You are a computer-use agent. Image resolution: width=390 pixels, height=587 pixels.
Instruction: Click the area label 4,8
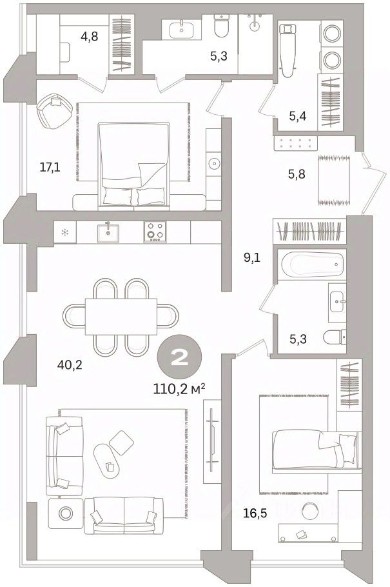90,37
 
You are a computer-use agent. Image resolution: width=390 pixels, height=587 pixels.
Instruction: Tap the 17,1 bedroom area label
50,167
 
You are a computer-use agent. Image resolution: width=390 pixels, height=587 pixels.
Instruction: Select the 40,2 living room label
69,364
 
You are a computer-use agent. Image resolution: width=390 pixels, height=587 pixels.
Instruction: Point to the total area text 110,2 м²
179,389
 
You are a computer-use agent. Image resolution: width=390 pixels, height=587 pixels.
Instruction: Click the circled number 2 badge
179,359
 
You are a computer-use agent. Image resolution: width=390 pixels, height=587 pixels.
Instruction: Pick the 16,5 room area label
255,513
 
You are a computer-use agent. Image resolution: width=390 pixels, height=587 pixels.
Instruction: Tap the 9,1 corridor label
251,257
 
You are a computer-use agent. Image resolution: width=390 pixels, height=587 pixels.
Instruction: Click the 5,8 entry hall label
297,174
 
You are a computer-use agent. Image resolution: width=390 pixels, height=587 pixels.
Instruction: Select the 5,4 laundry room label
298,116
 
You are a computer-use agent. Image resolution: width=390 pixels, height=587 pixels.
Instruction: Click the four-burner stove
155,232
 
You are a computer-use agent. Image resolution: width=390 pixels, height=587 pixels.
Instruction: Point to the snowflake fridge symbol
64,233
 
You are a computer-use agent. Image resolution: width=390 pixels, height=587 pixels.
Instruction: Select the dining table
121,316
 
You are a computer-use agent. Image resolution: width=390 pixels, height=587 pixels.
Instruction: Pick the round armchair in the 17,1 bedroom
55,110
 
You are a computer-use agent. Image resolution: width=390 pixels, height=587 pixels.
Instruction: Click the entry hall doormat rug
334,181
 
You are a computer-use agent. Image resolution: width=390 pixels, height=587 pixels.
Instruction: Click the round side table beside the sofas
66,513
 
